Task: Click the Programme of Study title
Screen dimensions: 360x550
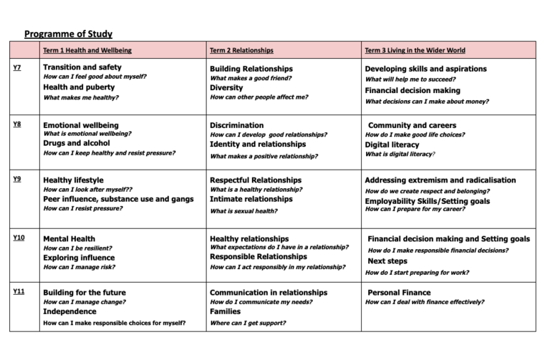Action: click(x=68, y=34)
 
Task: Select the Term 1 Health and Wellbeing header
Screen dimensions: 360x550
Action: click(x=87, y=51)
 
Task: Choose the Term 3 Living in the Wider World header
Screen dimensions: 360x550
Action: click(x=415, y=51)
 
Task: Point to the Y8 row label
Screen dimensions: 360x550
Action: click(x=17, y=124)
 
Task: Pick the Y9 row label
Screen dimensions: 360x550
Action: click(x=17, y=178)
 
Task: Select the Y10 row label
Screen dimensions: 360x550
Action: click(x=19, y=237)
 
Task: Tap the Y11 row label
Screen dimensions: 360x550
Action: click(x=19, y=291)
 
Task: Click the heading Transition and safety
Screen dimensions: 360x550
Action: click(x=82, y=67)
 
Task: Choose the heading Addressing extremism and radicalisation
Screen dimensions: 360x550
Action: click(x=450, y=180)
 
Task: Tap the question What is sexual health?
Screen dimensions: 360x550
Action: click(x=243, y=211)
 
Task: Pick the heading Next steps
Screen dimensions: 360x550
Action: click(x=387, y=261)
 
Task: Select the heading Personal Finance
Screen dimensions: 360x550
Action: click(x=399, y=293)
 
